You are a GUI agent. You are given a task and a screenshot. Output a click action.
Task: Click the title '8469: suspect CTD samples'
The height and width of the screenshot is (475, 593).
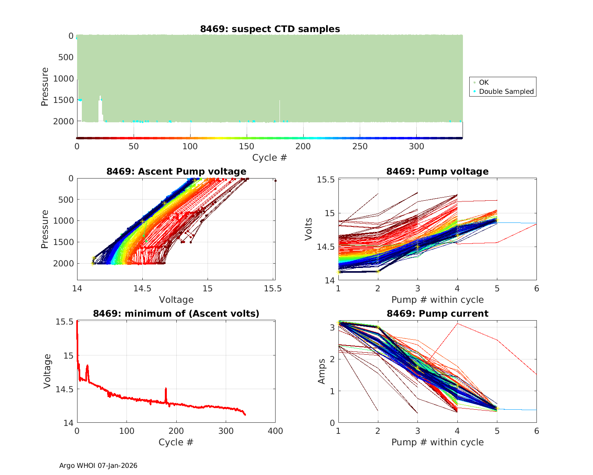[x=270, y=29]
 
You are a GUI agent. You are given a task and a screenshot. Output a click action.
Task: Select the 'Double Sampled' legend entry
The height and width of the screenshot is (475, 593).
[x=506, y=91]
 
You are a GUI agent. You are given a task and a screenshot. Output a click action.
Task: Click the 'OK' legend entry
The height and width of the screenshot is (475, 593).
[x=483, y=82]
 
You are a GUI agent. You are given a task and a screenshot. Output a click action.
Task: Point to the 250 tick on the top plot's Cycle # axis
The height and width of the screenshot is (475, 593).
[x=360, y=146]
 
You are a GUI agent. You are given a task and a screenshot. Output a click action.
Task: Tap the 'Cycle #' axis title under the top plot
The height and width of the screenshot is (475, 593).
[x=270, y=158]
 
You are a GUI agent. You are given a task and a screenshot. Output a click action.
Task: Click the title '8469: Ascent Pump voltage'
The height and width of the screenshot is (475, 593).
[x=176, y=171]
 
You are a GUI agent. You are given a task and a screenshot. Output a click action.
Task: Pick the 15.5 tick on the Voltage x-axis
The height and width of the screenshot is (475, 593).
[x=273, y=288]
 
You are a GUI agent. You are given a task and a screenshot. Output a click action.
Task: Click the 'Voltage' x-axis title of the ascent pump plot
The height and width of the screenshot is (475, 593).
[x=176, y=300]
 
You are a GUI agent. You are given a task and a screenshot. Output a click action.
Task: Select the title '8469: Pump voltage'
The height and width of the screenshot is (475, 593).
[x=437, y=171]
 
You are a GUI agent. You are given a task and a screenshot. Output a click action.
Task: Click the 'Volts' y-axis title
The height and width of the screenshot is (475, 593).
[x=308, y=229]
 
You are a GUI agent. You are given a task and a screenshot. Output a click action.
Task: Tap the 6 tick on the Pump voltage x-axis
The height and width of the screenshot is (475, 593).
[x=536, y=289]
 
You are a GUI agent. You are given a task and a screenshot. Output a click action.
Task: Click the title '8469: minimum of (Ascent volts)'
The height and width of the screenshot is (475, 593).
[x=176, y=313]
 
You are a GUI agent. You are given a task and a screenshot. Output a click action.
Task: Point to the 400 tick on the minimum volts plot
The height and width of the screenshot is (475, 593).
[x=275, y=431]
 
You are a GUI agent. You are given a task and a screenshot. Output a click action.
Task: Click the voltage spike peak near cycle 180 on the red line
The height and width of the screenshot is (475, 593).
[x=166, y=389]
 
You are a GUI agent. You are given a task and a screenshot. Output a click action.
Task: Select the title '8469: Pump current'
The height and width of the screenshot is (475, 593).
[x=437, y=313]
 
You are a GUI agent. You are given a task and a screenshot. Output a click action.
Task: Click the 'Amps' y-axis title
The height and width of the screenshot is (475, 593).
[x=321, y=371]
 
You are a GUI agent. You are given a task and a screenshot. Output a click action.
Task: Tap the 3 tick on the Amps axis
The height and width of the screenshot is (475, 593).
[x=332, y=327]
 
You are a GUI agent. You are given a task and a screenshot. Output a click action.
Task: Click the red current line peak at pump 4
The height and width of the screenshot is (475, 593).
[x=457, y=324]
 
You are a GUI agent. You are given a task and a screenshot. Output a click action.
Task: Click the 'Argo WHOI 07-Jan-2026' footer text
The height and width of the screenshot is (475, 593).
[x=98, y=465]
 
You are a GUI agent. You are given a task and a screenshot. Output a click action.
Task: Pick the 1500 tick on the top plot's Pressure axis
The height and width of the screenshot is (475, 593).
[x=63, y=100]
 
